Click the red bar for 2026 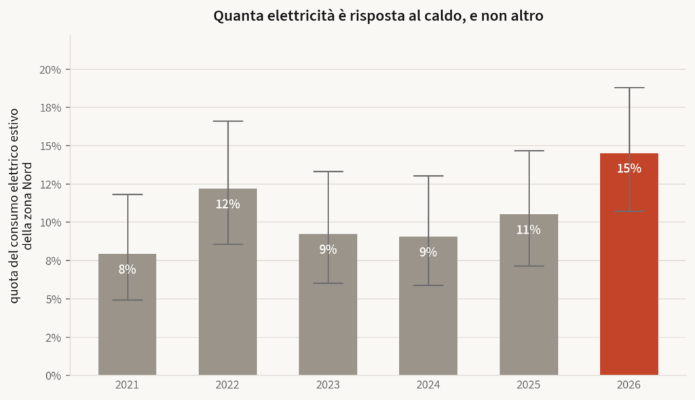[x=629, y=264]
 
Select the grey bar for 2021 [x=127, y=314]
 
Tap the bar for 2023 [x=328, y=304]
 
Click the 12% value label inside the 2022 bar [x=228, y=204]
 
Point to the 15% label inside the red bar [x=629, y=168]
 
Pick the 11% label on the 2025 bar [x=528, y=230]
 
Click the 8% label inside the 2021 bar [x=127, y=269]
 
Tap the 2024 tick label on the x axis [x=428, y=385]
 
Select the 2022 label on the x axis [x=227, y=385]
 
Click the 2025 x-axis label [x=528, y=385]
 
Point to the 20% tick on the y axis [x=50, y=70]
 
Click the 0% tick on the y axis [x=53, y=376]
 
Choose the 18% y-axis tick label [x=50, y=108]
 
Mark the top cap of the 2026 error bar [x=629, y=88]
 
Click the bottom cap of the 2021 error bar [x=127, y=300]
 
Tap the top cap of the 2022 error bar [x=228, y=121]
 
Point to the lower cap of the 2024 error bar [x=428, y=285]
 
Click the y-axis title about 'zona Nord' [x=21, y=206]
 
